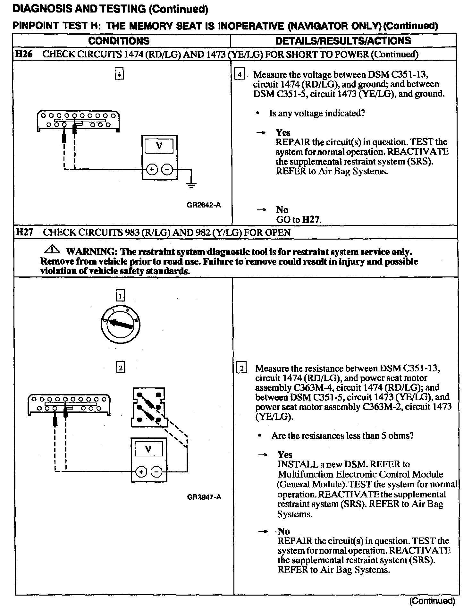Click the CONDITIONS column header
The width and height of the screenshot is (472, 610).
point(119,41)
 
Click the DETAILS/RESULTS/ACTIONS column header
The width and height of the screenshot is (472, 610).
point(343,41)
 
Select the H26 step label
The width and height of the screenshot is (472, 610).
point(24,54)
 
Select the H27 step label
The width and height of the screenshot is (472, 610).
point(24,232)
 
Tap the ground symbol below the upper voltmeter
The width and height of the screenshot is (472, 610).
point(191,184)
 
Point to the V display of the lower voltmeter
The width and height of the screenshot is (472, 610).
point(148,449)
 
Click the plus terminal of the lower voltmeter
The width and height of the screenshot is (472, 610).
point(141,472)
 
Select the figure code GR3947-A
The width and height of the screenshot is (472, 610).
point(204,497)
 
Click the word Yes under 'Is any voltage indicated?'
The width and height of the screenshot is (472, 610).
point(283,132)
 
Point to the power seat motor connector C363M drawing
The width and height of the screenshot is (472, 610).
point(148,407)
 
